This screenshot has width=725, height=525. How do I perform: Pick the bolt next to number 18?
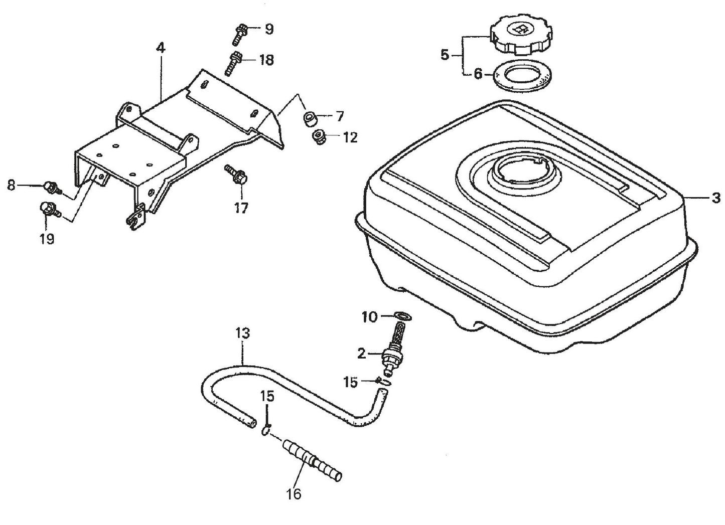tap(234, 63)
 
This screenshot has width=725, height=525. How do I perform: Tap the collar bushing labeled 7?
tap(309, 119)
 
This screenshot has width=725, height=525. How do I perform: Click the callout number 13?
tap(242, 333)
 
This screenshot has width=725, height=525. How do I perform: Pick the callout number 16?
tap(294, 494)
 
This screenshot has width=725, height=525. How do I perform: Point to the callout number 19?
tap(47, 239)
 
